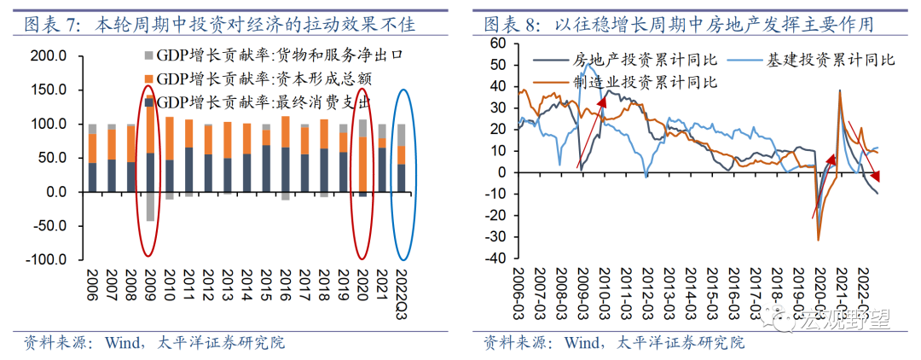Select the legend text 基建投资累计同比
(827, 60)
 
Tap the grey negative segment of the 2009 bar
(150, 206)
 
